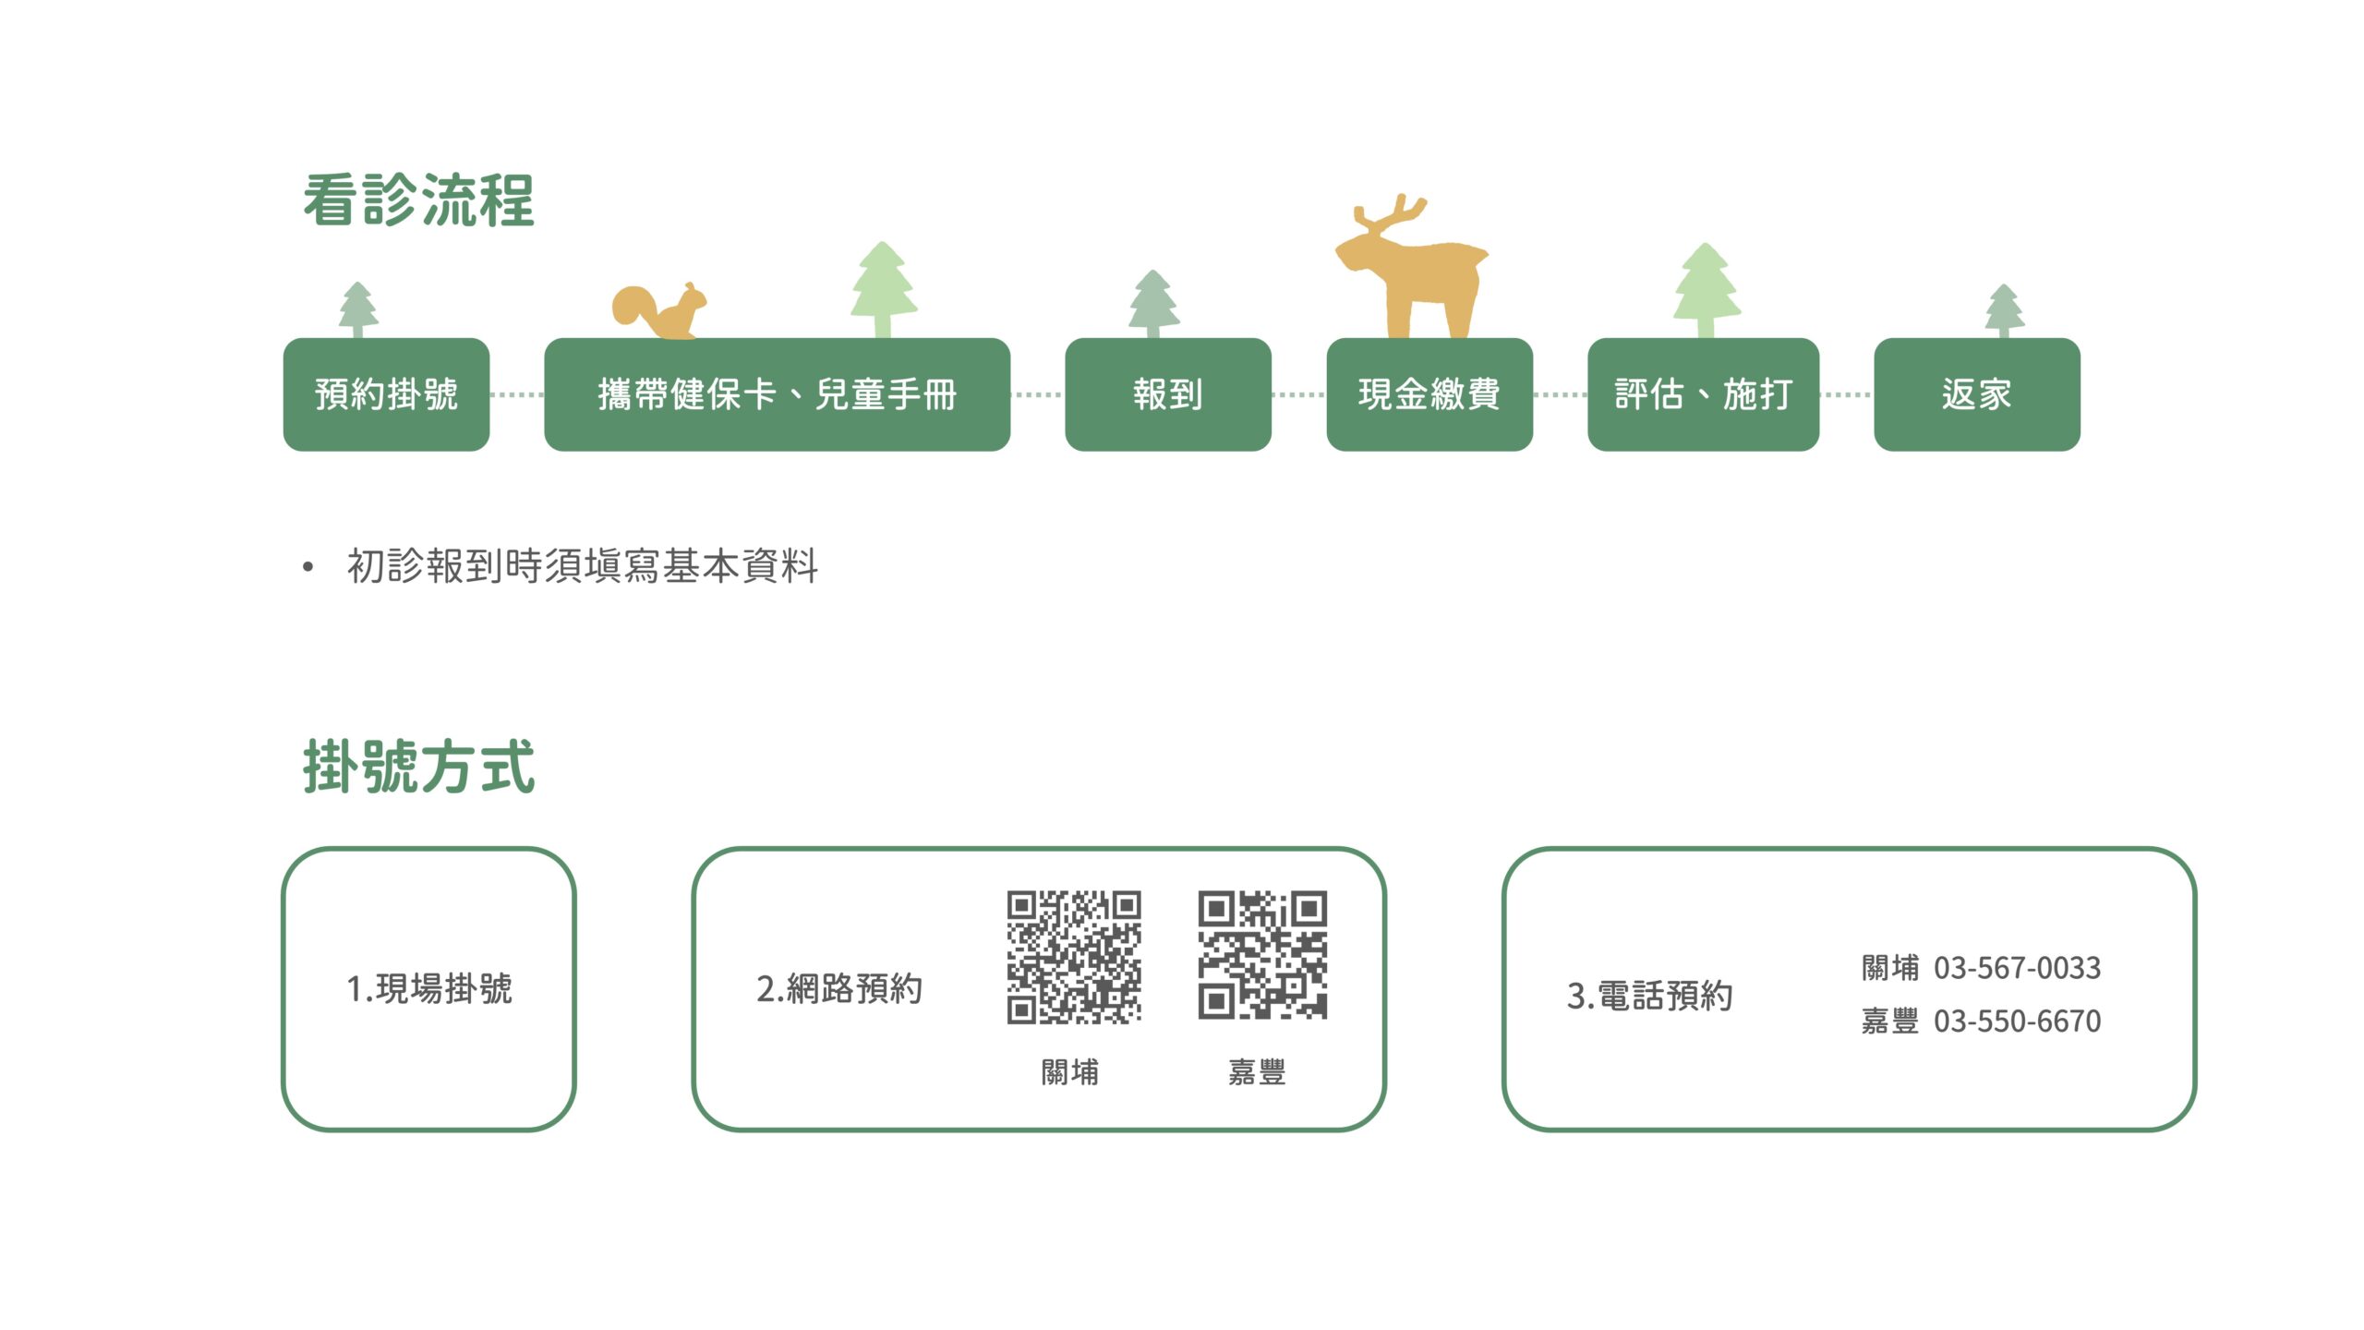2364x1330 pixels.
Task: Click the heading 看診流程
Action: pyautogui.click(x=418, y=200)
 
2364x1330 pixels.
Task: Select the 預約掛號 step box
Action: pyautogui.click(x=386, y=394)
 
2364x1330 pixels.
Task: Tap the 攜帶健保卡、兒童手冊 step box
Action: pyautogui.click(x=777, y=394)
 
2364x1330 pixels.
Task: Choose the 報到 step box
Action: pyautogui.click(x=1168, y=394)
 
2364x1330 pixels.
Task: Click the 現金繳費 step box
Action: pyautogui.click(x=1429, y=394)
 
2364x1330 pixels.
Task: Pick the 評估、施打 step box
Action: pyautogui.click(x=1703, y=394)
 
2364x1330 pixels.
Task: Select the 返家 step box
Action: pyautogui.click(x=1977, y=394)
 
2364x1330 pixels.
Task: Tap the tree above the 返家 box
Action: pyautogui.click(x=2005, y=311)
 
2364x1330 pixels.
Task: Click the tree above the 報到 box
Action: pyautogui.click(x=1153, y=304)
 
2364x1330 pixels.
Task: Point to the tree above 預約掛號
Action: pyautogui.click(x=358, y=310)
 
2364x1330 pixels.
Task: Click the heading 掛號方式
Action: pyautogui.click(x=418, y=767)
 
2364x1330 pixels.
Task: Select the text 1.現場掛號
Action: pyautogui.click(x=429, y=989)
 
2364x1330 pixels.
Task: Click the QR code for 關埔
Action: pyautogui.click(x=1074, y=957)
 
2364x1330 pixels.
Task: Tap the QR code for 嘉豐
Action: pyautogui.click(x=1262, y=955)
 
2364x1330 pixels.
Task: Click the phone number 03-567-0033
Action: pyautogui.click(x=2017, y=968)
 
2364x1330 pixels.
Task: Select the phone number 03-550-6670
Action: pyautogui.click(x=2017, y=1022)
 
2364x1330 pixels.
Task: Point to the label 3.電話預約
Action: pyautogui.click(x=1649, y=996)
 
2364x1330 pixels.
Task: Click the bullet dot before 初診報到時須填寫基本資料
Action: pyautogui.click(x=308, y=566)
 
